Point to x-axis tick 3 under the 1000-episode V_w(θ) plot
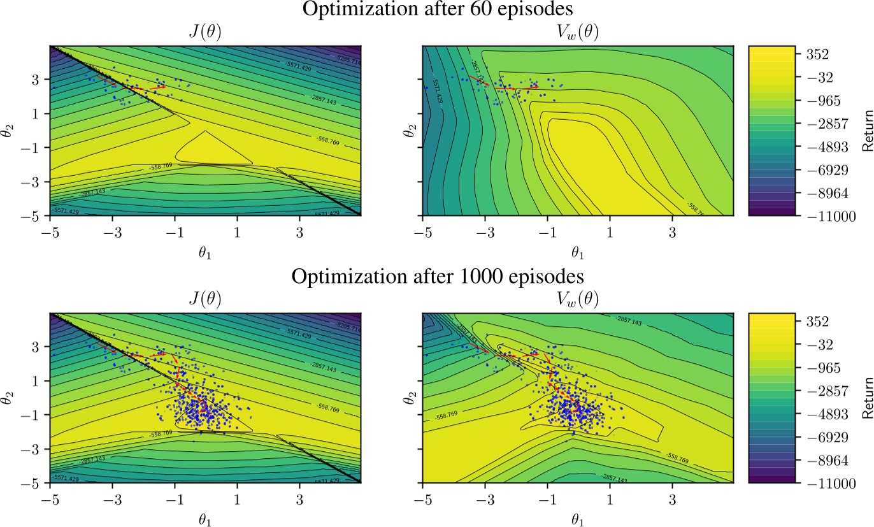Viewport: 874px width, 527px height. click(672, 498)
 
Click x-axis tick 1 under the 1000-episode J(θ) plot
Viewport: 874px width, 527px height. click(237, 498)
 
